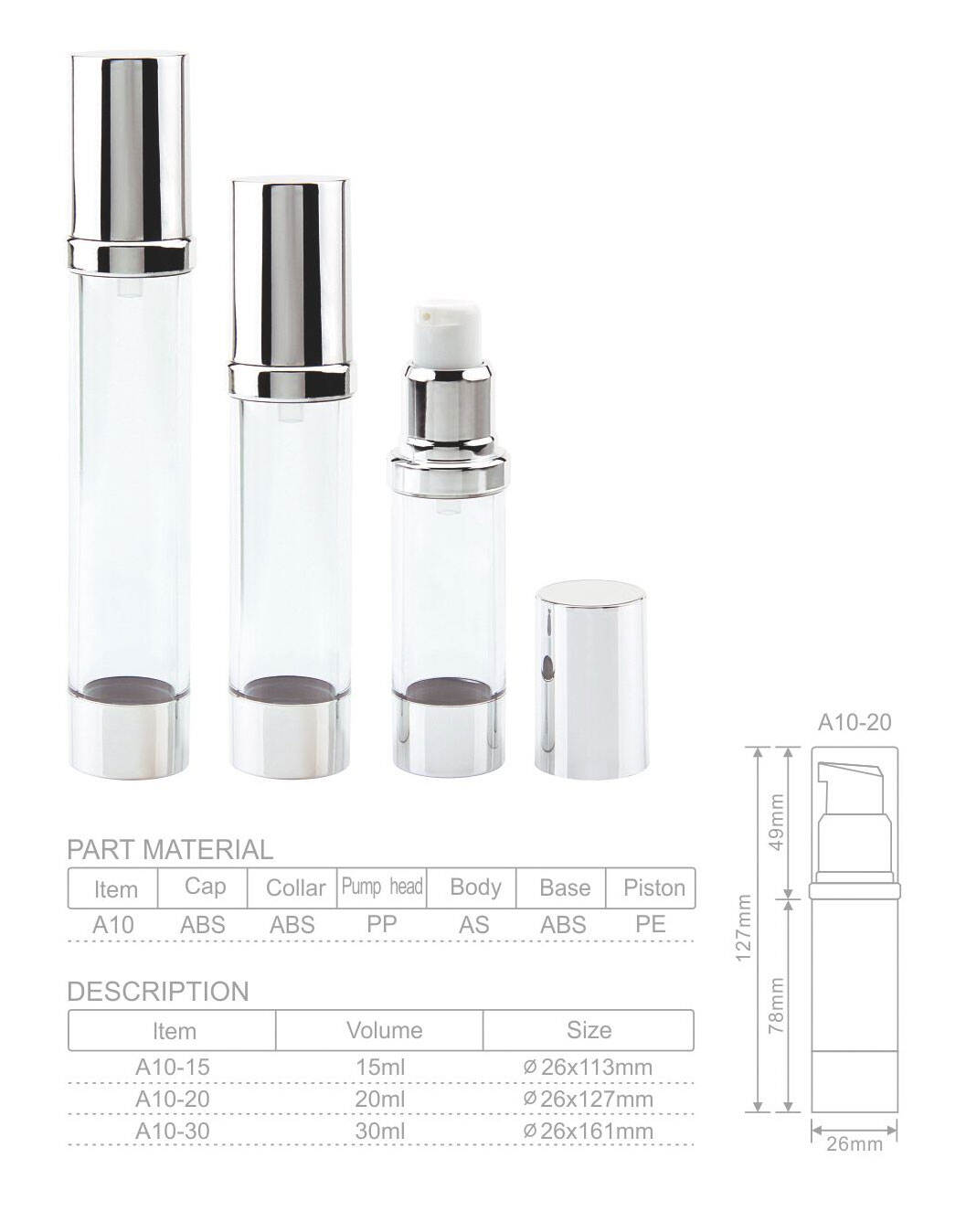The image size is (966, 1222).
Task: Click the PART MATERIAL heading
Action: pos(170,849)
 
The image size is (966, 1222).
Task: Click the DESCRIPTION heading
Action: pos(158,992)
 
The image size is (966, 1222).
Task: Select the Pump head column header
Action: pos(382,887)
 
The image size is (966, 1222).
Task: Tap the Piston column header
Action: pos(653,887)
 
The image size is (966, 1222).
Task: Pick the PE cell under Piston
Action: pos(651,925)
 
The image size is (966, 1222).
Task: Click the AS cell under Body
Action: pos(474,925)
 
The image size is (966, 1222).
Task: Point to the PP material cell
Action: pos(381,925)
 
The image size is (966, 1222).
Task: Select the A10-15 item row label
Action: pos(173,1067)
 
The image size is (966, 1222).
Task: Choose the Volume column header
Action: pos(384,1030)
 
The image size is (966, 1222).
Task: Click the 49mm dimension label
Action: pos(777,821)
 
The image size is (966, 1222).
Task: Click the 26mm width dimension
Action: pos(855,1143)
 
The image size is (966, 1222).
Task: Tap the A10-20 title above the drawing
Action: pos(854,722)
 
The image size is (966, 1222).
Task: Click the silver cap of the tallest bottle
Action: pos(130,146)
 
